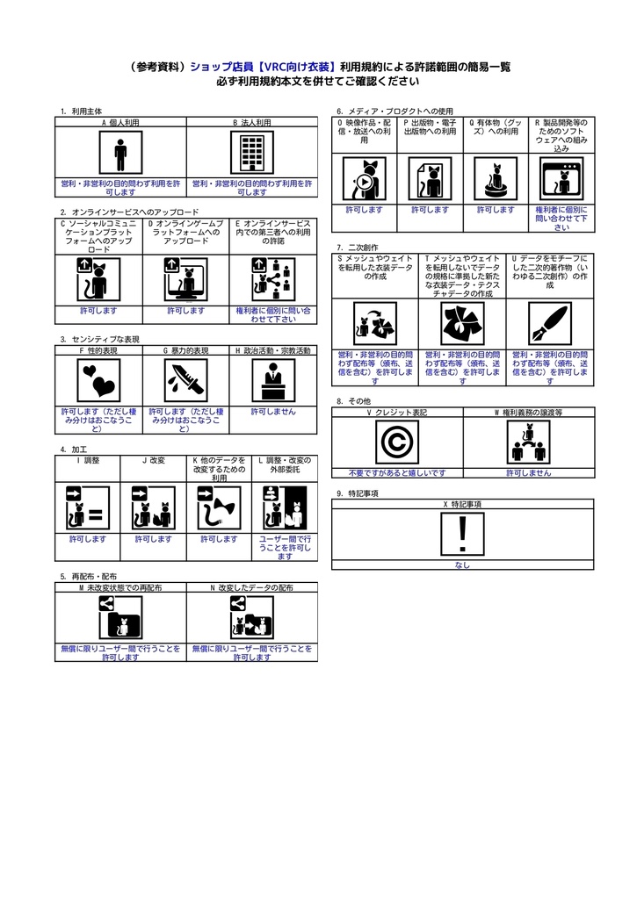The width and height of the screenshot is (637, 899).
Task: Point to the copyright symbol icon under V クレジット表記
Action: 397,442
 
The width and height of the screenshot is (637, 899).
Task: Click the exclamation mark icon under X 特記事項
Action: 463,534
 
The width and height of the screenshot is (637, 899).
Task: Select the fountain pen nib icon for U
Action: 551,324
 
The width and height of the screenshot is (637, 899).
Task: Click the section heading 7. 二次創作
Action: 357,248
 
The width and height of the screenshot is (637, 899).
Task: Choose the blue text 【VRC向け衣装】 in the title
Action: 294,67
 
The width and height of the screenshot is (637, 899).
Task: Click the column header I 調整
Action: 88,460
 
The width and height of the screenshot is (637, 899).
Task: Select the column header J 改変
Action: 154,460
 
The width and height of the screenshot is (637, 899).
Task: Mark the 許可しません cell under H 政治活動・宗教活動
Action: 273,411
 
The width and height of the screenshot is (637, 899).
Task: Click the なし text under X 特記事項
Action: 463,565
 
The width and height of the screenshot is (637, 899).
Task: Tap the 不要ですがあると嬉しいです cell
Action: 397,472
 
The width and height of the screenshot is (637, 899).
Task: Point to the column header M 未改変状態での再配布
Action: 120,586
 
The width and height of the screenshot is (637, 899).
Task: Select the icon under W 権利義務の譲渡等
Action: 529,442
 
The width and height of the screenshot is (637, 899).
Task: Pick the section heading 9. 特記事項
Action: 357,493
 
